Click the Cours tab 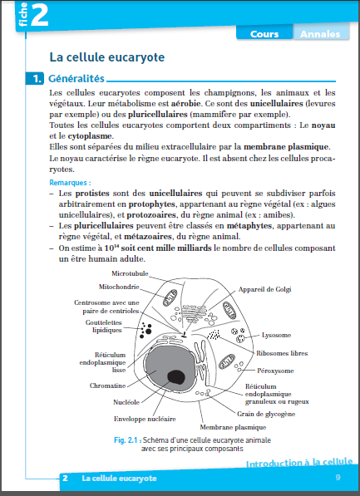click(x=264, y=34)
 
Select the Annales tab click(x=320, y=34)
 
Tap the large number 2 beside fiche click(x=39, y=15)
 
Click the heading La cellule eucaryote click(x=107, y=57)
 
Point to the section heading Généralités click(x=76, y=78)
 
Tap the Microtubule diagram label click(x=130, y=273)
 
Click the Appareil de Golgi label click(x=264, y=289)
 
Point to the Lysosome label click(x=276, y=335)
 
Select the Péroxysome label click(x=275, y=371)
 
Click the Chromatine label click(x=107, y=386)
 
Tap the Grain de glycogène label click(x=266, y=414)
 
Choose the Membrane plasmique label click(x=233, y=427)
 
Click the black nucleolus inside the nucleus click(x=176, y=376)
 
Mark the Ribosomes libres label click(x=282, y=353)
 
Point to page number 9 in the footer click(x=338, y=478)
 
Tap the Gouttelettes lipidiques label click(x=104, y=327)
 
